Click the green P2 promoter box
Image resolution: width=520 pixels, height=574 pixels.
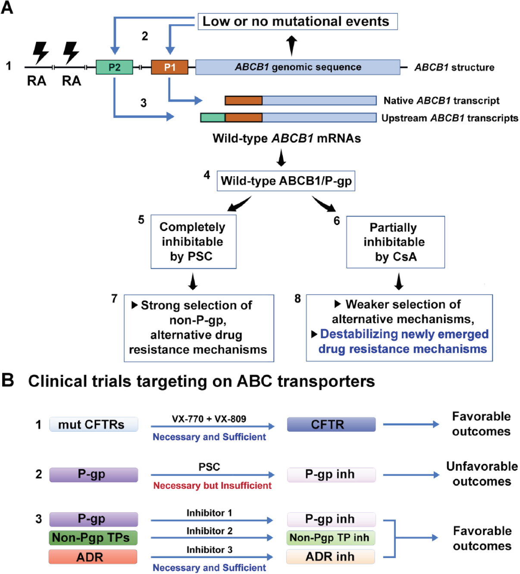click(114, 67)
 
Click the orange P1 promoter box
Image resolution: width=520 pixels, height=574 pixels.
click(169, 67)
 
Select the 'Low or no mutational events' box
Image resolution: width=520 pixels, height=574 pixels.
click(297, 22)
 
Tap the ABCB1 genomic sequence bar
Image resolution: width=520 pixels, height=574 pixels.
click(298, 67)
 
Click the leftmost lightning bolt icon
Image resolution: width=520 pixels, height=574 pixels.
click(41, 53)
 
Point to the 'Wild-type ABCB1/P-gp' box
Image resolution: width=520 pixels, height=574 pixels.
click(286, 181)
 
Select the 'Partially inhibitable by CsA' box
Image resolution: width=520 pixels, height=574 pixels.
click(395, 242)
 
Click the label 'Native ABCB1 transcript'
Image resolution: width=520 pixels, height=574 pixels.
click(441, 101)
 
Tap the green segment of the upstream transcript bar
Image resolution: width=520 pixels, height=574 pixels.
click(213, 117)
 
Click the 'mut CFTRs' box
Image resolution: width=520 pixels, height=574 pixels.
click(94, 425)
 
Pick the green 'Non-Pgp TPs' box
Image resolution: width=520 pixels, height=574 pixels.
click(93, 538)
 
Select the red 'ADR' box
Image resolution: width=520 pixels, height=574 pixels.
click(93, 557)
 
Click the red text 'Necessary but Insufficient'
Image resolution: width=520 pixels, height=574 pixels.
click(212, 486)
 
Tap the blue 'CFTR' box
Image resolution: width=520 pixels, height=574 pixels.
click(331, 425)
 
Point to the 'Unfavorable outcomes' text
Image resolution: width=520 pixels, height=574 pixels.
click(482, 474)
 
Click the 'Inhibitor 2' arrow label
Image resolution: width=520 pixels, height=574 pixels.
click(209, 531)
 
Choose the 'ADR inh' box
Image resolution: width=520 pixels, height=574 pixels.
click(330, 557)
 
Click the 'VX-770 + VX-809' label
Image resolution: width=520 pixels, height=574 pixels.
click(209, 419)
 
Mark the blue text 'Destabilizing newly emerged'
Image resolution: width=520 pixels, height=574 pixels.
click(404, 334)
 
